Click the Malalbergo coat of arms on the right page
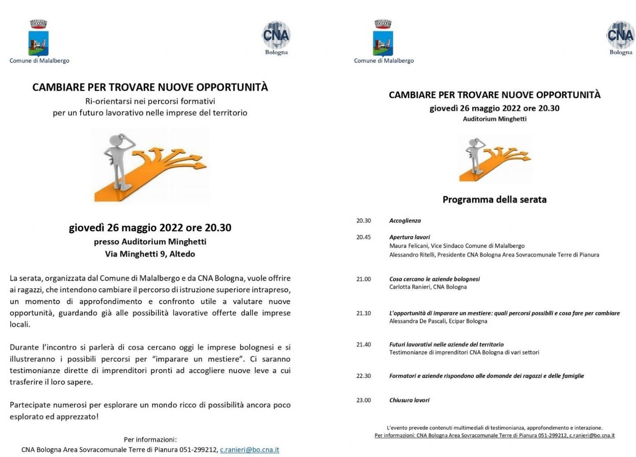383,38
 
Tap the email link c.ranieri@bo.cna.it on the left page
250,450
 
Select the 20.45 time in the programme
363,237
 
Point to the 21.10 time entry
363,313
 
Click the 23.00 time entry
363,400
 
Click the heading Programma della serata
494,199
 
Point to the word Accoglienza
405,220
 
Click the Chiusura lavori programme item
409,400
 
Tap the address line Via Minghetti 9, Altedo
150,254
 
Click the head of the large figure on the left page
116,140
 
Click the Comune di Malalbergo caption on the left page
39,61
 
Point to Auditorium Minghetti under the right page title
494,119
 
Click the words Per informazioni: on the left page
150,439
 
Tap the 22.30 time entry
363,375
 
